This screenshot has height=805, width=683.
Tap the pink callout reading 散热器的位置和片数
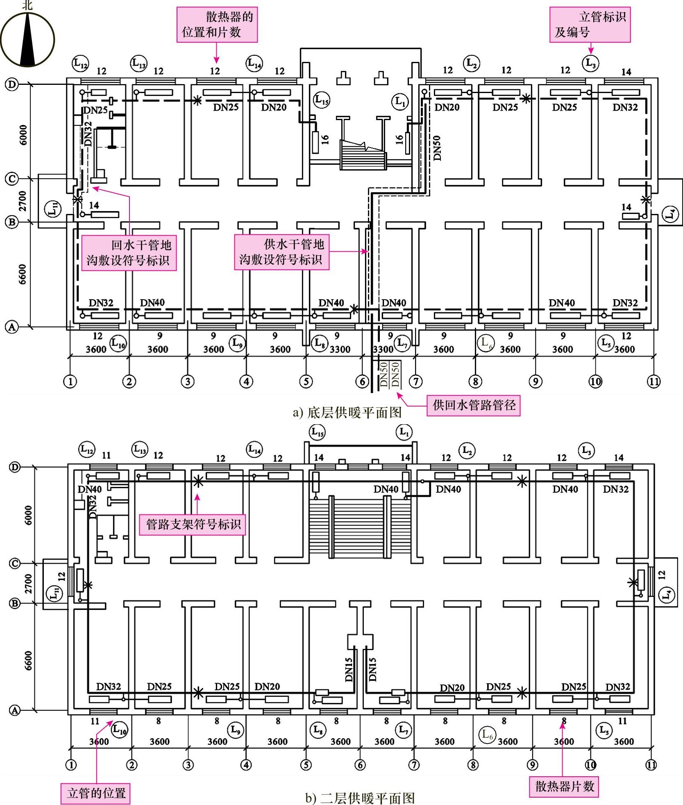click(x=217, y=25)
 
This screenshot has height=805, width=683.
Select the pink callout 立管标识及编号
click(x=590, y=25)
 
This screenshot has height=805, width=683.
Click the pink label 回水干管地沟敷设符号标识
click(x=129, y=253)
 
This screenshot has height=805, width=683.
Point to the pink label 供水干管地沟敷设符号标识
click(x=281, y=252)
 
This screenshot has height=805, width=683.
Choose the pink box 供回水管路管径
click(x=473, y=405)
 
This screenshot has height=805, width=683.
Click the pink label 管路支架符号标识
click(x=193, y=524)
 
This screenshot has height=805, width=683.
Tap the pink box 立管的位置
click(x=96, y=793)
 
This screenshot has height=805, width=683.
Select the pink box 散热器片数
click(x=564, y=787)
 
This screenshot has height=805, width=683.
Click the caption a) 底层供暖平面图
click(x=347, y=412)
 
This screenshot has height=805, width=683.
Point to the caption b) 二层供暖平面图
click(x=360, y=798)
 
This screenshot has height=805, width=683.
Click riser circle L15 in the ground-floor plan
click(x=322, y=100)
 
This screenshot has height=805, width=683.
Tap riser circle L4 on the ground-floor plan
click(x=670, y=214)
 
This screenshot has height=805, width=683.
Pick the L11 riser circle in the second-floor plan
click(x=54, y=594)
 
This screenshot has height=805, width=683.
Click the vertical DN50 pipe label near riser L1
click(x=437, y=148)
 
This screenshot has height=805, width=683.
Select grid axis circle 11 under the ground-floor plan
click(x=654, y=382)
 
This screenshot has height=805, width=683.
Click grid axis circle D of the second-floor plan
click(x=15, y=467)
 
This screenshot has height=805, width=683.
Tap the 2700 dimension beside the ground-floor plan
click(x=23, y=200)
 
